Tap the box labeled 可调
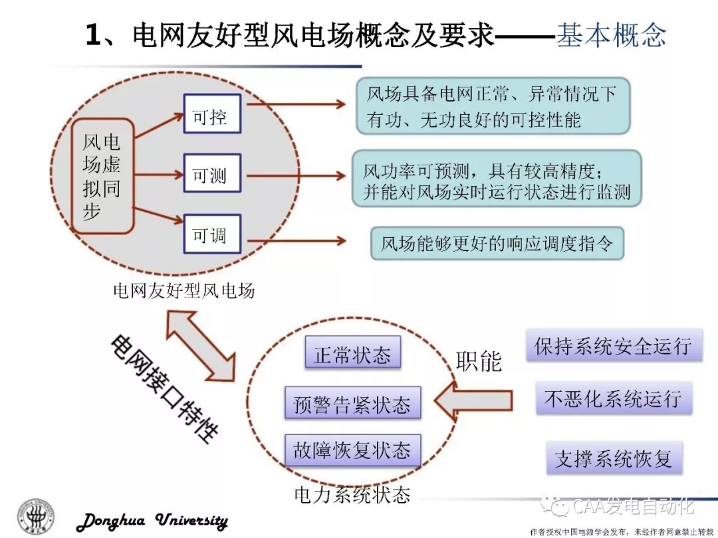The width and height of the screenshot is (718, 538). tap(211, 234)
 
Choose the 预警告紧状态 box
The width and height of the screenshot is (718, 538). tap(352, 403)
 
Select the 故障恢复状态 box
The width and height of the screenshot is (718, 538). tap(352, 451)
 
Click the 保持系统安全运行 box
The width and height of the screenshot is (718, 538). tap(614, 345)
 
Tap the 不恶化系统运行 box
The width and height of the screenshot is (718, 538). tap(613, 399)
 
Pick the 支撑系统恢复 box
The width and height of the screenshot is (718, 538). tap(614, 458)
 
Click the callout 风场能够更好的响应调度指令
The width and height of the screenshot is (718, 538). tap(497, 243)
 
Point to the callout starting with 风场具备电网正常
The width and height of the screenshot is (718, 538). tap(492, 106)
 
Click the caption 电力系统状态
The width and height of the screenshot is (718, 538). tap(352, 494)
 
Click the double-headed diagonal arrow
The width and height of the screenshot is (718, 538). tap(200, 347)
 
